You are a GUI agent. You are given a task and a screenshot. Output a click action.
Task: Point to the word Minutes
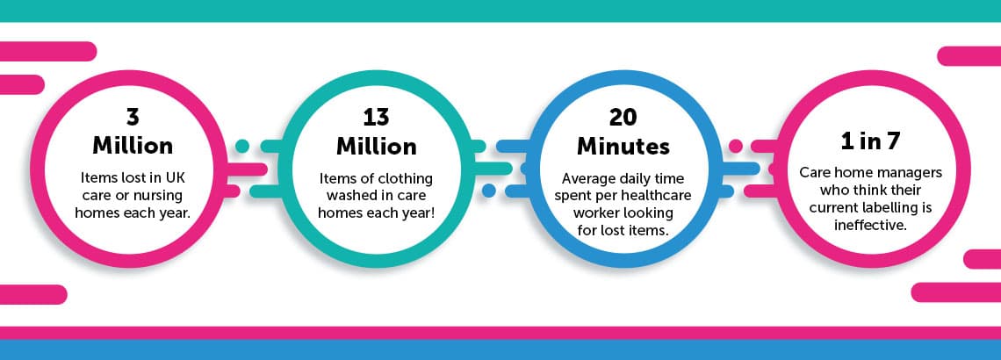point(623,146)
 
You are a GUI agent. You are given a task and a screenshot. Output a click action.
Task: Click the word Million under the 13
point(377,146)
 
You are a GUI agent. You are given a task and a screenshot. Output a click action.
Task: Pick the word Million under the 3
point(132,146)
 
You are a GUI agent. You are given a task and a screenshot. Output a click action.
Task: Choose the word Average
point(586,179)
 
